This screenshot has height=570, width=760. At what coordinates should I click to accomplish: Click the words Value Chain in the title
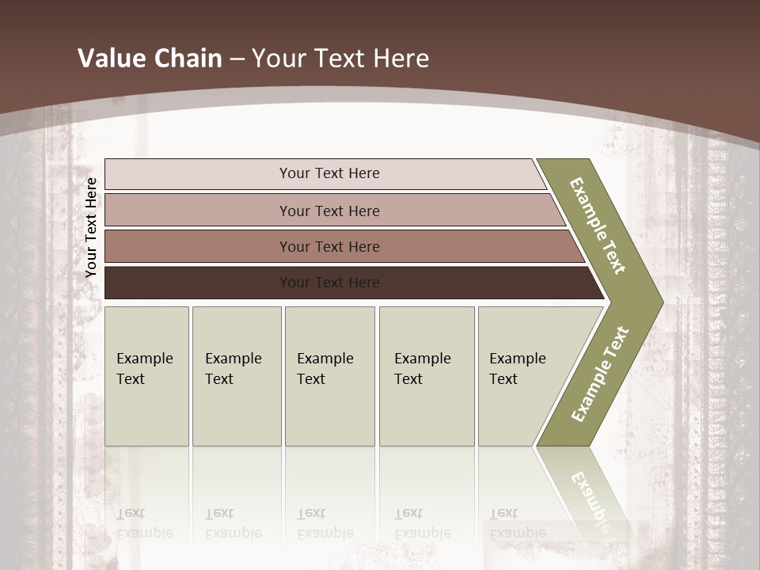click(x=150, y=59)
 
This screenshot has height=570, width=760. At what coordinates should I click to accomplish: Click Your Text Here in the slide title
click(x=340, y=59)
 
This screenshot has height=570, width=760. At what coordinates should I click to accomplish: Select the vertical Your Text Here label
click(x=91, y=227)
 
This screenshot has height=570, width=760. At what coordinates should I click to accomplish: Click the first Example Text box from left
click(x=146, y=376)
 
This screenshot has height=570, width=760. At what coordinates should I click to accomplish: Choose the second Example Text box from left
click(x=236, y=376)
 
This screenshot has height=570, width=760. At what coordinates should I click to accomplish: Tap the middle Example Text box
click(x=329, y=376)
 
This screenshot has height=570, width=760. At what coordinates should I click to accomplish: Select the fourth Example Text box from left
click(x=426, y=376)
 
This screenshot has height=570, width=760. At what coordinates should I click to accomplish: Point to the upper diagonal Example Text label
click(x=598, y=226)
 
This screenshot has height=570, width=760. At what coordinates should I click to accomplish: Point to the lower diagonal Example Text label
click(x=600, y=374)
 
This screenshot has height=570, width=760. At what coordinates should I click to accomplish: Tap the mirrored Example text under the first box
click(x=144, y=524)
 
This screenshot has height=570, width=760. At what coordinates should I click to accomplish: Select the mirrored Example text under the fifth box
click(x=518, y=524)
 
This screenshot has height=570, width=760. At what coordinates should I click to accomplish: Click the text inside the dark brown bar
click(x=329, y=283)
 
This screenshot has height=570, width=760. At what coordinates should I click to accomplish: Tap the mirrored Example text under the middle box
click(x=325, y=524)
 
